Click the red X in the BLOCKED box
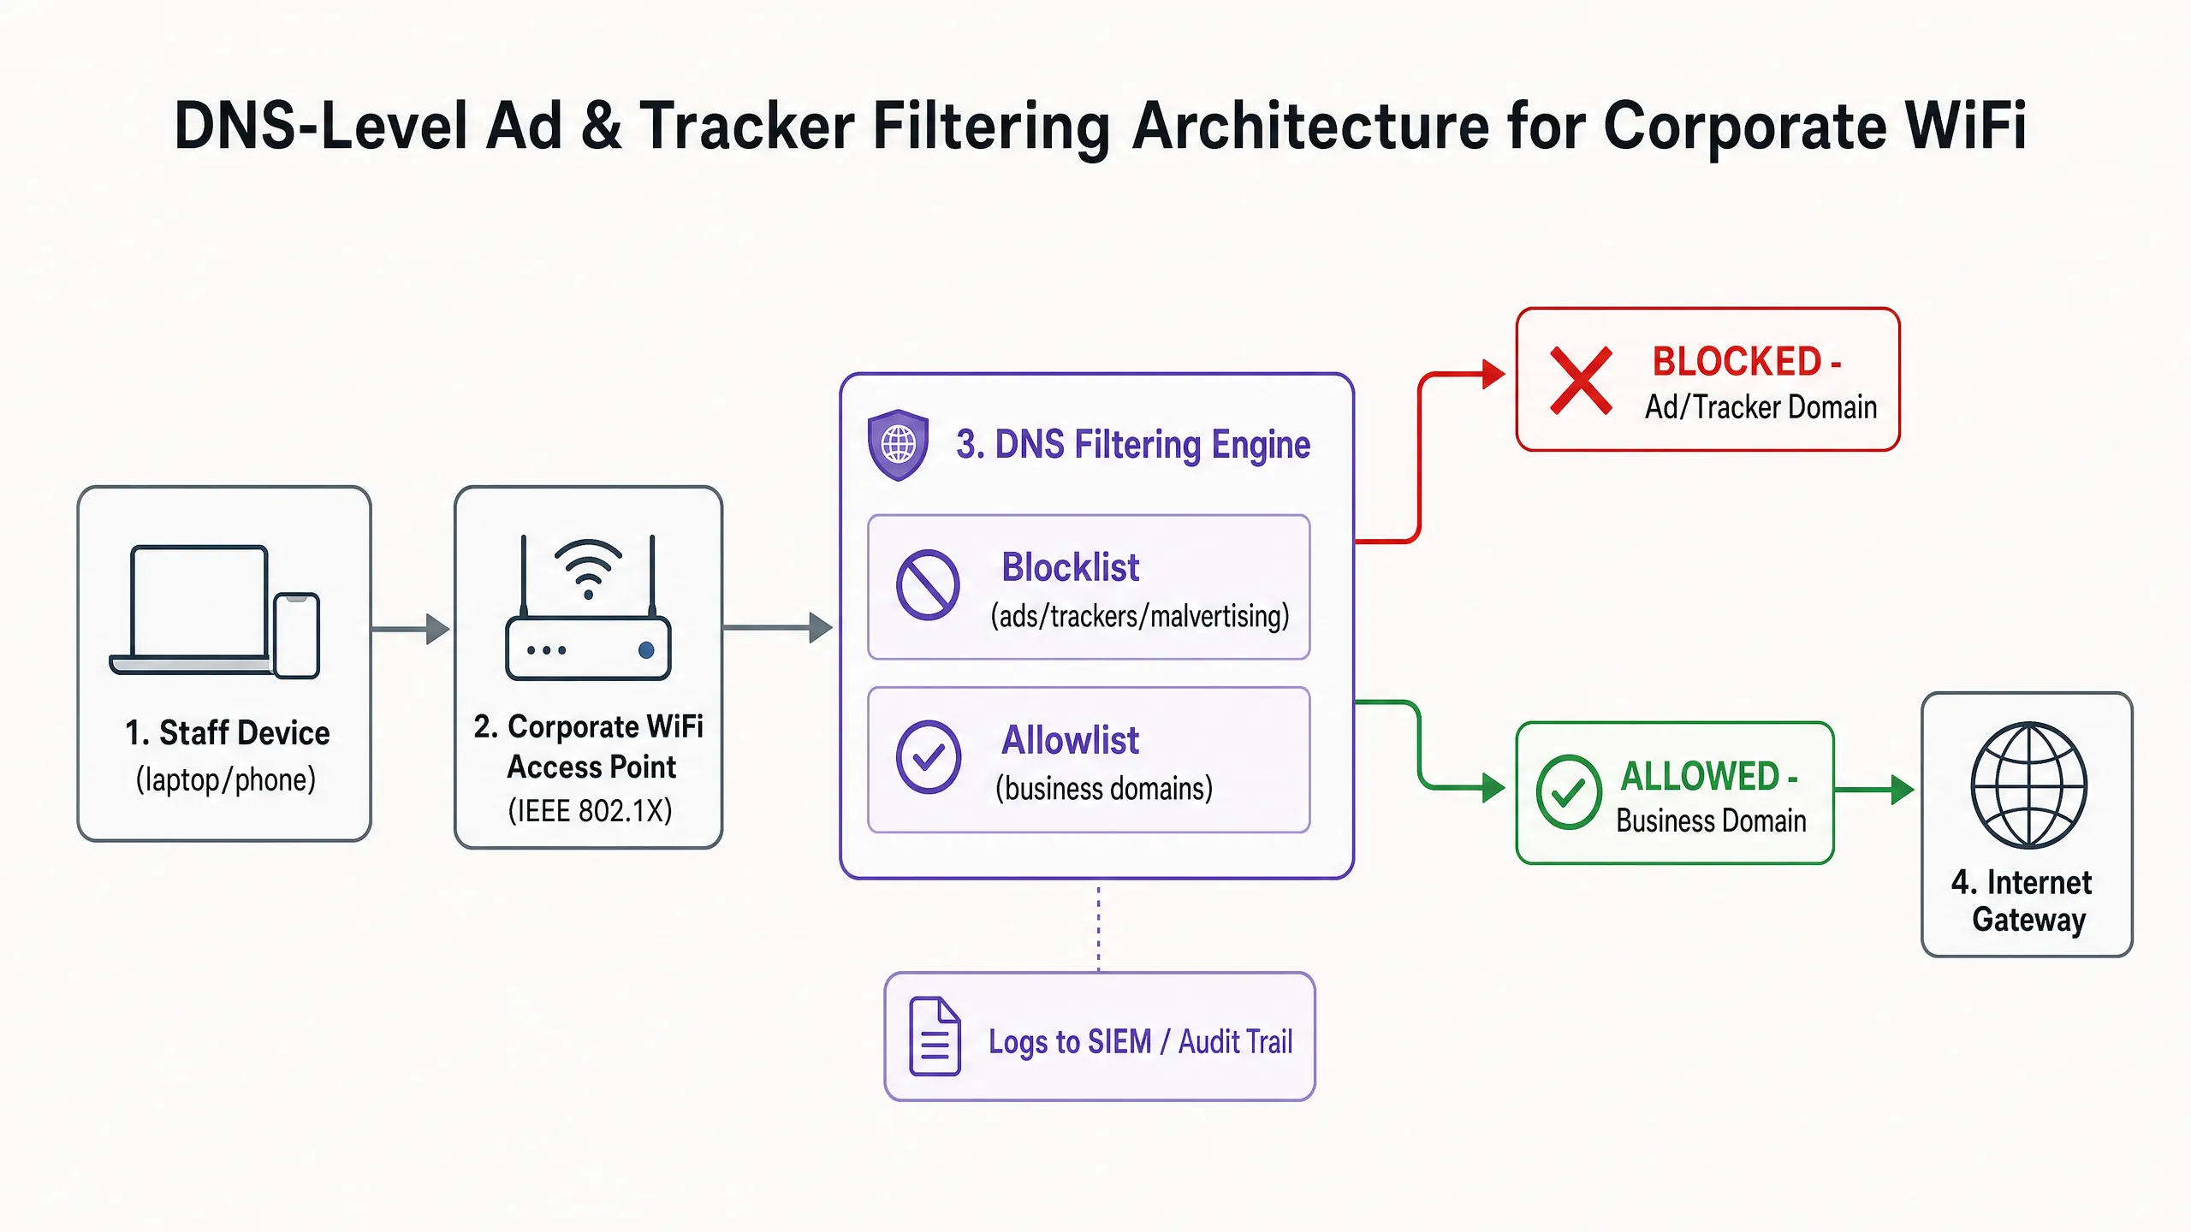[1581, 381]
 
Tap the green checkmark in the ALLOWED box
[1569, 792]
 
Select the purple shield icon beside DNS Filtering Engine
[898, 445]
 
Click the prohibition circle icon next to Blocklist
[928, 585]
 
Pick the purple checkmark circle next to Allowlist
[928, 757]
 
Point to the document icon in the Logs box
[935, 1036]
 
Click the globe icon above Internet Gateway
[2028, 785]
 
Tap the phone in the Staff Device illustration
[297, 636]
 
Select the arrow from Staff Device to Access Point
[411, 629]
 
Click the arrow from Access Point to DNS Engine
[777, 628]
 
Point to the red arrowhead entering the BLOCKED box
[1493, 374]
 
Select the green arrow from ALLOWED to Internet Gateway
[1874, 789]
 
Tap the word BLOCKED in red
[1737, 362]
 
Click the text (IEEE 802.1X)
[590, 810]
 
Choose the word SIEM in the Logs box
[1119, 1042]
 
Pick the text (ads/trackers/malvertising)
[1140, 616]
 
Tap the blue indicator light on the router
[646, 650]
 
